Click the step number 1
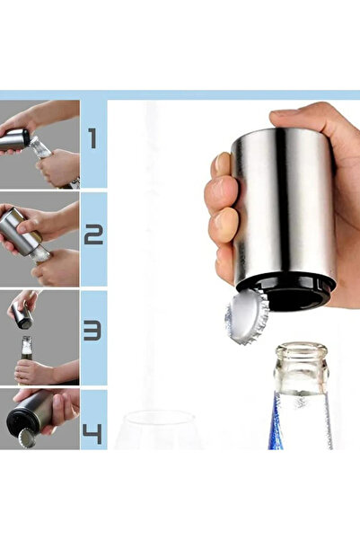click(x=92, y=138)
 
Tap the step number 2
click(x=93, y=235)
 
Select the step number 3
click(x=92, y=331)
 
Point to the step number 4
click(x=92, y=434)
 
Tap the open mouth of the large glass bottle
click(x=302, y=349)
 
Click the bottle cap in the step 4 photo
click(x=27, y=438)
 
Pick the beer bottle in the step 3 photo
click(x=26, y=359)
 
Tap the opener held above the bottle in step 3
click(x=22, y=314)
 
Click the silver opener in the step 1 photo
click(x=14, y=139)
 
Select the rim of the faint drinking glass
click(x=159, y=418)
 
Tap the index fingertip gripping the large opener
click(x=222, y=164)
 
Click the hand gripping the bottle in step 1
click(x=59, y=168)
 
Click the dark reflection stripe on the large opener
click(x=283, y=203)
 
